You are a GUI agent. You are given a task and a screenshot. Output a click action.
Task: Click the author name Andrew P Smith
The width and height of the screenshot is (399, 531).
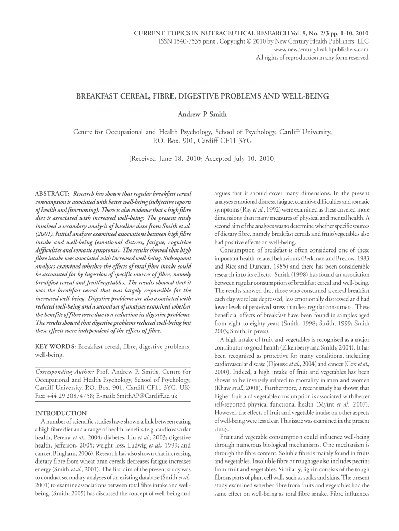point(199,114)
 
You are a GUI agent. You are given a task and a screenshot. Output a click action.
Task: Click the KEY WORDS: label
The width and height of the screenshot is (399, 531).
point(54,346)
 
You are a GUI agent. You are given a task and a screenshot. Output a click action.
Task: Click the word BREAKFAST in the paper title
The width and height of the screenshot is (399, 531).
point(101,97)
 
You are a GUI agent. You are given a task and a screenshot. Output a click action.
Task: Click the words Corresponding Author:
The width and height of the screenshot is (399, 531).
point(64,372)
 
